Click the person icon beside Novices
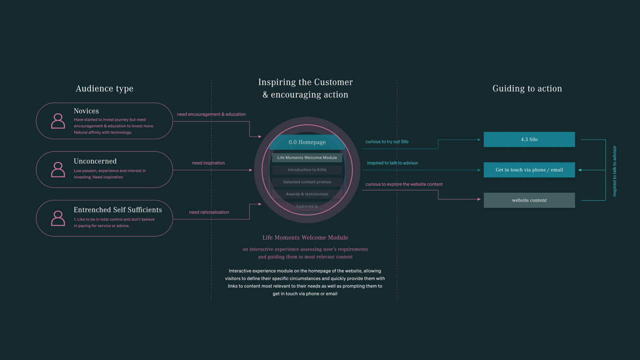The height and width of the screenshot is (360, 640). click(58, 121)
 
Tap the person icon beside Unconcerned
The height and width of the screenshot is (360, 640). click(58, 170)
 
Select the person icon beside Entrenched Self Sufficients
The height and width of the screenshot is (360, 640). click(58, 218)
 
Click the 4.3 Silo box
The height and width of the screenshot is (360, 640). click(529, 139)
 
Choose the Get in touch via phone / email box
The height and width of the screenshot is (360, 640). click(529, 170)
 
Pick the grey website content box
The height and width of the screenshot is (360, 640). click(529, 200)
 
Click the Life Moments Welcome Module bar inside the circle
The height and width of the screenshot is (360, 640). click(307, 158)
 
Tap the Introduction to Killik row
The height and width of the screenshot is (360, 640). click(307, 170)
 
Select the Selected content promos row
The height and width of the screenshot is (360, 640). click(307, 182)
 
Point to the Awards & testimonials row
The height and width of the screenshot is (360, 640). click(307, 194)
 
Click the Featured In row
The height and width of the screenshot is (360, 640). click(307, 206)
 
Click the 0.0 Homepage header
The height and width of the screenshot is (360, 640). click(307, 142)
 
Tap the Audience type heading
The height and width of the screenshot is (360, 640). click(105, 89)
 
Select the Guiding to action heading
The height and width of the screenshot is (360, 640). click(527, 89)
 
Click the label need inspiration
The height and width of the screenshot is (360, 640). click(208, 163)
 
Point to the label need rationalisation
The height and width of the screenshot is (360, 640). click(209, 212)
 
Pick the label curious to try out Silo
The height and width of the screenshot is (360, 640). click(387, 142)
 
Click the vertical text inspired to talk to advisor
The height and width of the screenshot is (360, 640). click(614, 171)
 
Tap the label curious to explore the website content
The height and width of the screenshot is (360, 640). click(404, 184)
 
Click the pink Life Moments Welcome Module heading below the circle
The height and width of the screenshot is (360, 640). click(305, 238)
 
